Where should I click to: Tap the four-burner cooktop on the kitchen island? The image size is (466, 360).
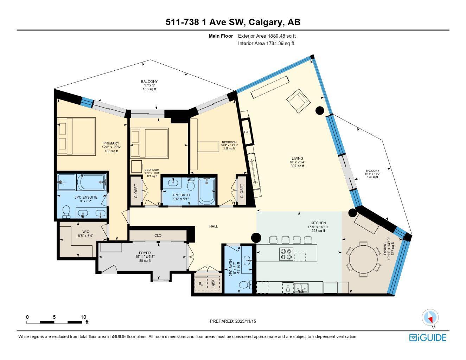[286, 254]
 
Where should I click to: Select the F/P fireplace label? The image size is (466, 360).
[247, 132]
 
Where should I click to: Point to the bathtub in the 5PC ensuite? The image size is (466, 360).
[91, 182]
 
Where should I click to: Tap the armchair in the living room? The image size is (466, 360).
[298, 101]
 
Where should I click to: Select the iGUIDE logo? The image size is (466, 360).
[428, 337]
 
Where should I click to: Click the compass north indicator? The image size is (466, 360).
[430, 318]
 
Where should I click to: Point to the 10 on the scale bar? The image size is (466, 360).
[83, 317]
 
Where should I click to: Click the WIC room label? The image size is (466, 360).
[86, 232]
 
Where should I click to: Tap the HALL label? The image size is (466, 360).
[213, 226]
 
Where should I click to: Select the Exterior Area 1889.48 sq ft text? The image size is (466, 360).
[267, 36]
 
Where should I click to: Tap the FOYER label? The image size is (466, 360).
[145, 253]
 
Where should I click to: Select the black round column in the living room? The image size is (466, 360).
[319, 110]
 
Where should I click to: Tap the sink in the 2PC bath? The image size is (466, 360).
[248, 261]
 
